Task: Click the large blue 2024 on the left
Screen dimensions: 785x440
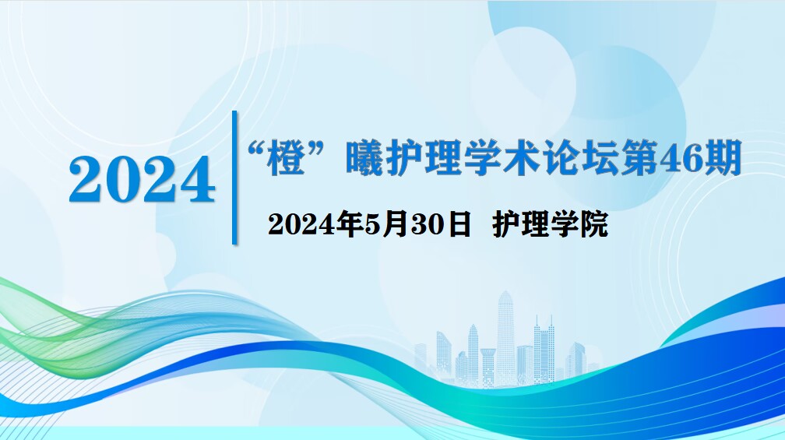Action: tap(143, 179)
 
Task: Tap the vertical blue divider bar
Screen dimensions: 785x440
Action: tap(234, 178)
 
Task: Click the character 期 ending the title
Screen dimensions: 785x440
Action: tap(722, 158)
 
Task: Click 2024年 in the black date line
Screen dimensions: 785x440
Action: tap(315, 224)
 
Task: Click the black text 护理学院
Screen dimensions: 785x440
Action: tap(550, 224)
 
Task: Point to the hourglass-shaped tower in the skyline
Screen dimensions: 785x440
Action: tap(488, 365)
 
